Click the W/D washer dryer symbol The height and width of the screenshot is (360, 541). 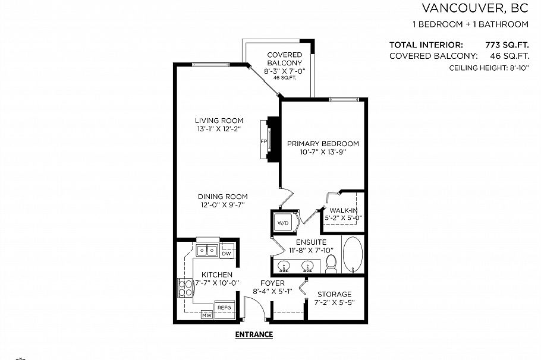click(x=282, y=223)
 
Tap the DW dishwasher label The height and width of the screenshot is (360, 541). click(x=226, y=254)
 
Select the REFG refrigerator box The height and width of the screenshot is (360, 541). click(x=224, y=308)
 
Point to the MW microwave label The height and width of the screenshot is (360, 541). click(x=206, y=315)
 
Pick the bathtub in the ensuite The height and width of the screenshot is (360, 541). click(x=353, y=255)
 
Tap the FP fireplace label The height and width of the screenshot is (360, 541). click(x=263, y=141)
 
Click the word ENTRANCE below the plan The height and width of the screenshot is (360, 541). click(x=254, y=334)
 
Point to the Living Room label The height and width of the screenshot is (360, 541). click(x=215, y=121)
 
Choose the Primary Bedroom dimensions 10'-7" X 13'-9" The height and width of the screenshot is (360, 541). click(x=323, y=152)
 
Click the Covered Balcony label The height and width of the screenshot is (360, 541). click(x=284, y=59)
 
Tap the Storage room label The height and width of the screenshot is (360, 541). click(x=334, y=294)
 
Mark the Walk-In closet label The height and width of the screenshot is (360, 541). click(x=344, y=210)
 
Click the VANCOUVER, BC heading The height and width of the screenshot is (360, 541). click(x=475, y=8)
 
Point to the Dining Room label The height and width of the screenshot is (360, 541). click(x=223, y=197)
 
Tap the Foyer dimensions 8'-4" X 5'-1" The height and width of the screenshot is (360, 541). click(x=272, y=292)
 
